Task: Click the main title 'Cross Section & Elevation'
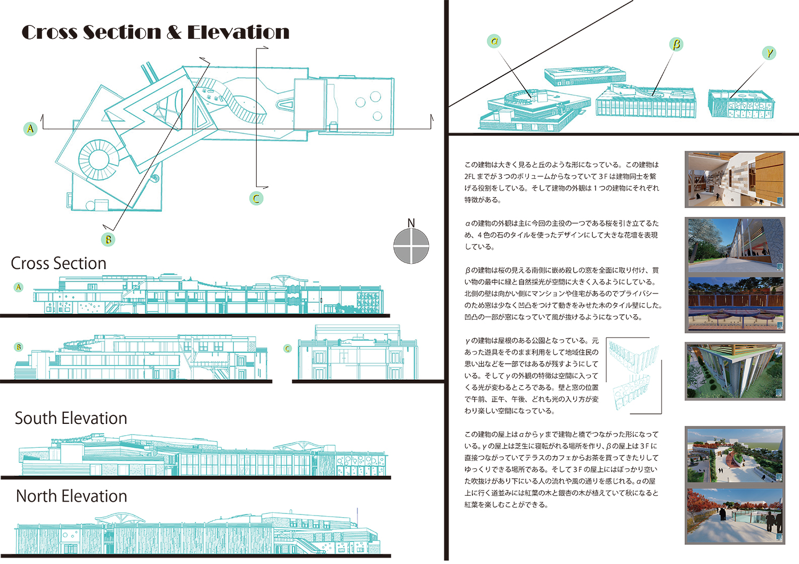click(x=156, y=32)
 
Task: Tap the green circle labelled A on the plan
click(x=30, y=128)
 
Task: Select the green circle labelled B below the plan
click(x=108, y=239)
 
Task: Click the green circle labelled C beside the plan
click(x=256, y=198)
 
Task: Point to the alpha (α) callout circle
click(x=494, y=41)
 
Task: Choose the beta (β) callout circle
click(x=676, y=44)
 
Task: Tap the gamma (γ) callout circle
click(x=769, y=53)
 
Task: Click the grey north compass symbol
click(x=411, y=246)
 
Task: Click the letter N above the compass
click(x=411, y=223)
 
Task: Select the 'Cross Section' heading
click(x=59, y=263)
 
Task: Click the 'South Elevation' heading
click(x=71, y=418)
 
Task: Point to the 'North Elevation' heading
click(x=71, y=496)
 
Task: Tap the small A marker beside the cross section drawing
click(x=19, y=287)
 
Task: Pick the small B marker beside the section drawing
click(x=19, y=347)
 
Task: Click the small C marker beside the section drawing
click(x=288, y=348)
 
